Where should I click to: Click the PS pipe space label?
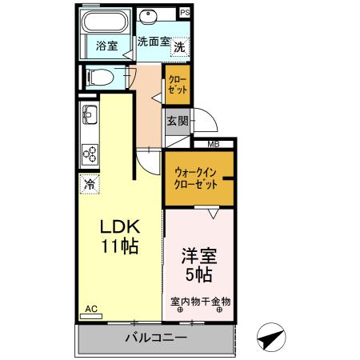185,12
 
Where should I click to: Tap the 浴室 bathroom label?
106,46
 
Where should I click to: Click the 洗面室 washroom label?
152,42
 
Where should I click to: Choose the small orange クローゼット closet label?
178,86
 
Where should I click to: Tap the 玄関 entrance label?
178,122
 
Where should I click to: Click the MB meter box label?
214,144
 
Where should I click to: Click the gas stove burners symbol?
89,154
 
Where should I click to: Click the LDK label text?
118,226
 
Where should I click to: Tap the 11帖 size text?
118,246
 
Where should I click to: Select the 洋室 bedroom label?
198,258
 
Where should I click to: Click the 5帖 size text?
198,276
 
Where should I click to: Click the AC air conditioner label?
90,309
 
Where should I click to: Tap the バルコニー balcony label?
156,338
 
